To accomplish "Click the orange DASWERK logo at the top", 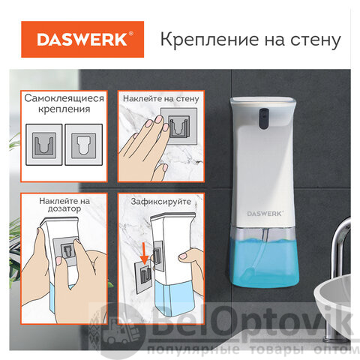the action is (82, 39).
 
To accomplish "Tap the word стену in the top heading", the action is (316, 40).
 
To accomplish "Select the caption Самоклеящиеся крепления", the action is (64, 103).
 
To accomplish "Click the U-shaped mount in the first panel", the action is (44, 145).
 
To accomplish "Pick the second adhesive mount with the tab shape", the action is (84, 145).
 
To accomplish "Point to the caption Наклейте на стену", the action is (161, 98).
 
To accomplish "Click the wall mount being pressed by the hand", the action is (179, 126).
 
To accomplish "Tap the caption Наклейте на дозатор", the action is (64, 205).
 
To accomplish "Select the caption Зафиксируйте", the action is (161, 202).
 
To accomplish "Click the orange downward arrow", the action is (145, 253).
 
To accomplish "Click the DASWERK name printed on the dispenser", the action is (265, 214).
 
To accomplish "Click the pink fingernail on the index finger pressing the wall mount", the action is (158, 119).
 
